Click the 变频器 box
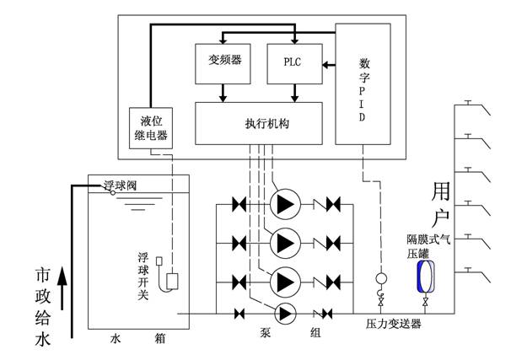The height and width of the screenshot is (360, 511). coord(223,64)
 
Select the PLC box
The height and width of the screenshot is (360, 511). coord(294,64)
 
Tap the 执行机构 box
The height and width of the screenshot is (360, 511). coord(259,123)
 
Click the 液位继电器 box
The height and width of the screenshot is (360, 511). coord(151,128)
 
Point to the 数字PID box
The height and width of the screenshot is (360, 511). coord(363,83)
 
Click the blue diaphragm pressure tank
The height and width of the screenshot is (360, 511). coord(426,277)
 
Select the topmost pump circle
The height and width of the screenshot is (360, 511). coord(285,204)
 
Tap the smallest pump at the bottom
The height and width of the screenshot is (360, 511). coord(285,314)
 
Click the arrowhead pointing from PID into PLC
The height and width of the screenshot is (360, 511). coord(325,65)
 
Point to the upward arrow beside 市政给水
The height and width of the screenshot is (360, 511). coord(62,288)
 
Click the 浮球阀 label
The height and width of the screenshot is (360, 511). coord(120,185)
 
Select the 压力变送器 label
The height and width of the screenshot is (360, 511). coord(393,324)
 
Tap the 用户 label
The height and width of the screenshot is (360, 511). coord(441,205)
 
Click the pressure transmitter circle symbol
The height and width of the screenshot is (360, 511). coord(381,278)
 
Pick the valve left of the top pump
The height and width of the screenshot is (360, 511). coord(239,205)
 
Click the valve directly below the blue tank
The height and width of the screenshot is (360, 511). coord(425,302)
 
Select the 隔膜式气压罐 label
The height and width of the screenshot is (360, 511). coord(428,247)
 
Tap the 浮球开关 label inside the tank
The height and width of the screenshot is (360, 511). coord(143,276)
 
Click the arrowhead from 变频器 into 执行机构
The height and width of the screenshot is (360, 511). coord(223,98)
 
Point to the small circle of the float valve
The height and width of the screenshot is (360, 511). coord(113,193)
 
